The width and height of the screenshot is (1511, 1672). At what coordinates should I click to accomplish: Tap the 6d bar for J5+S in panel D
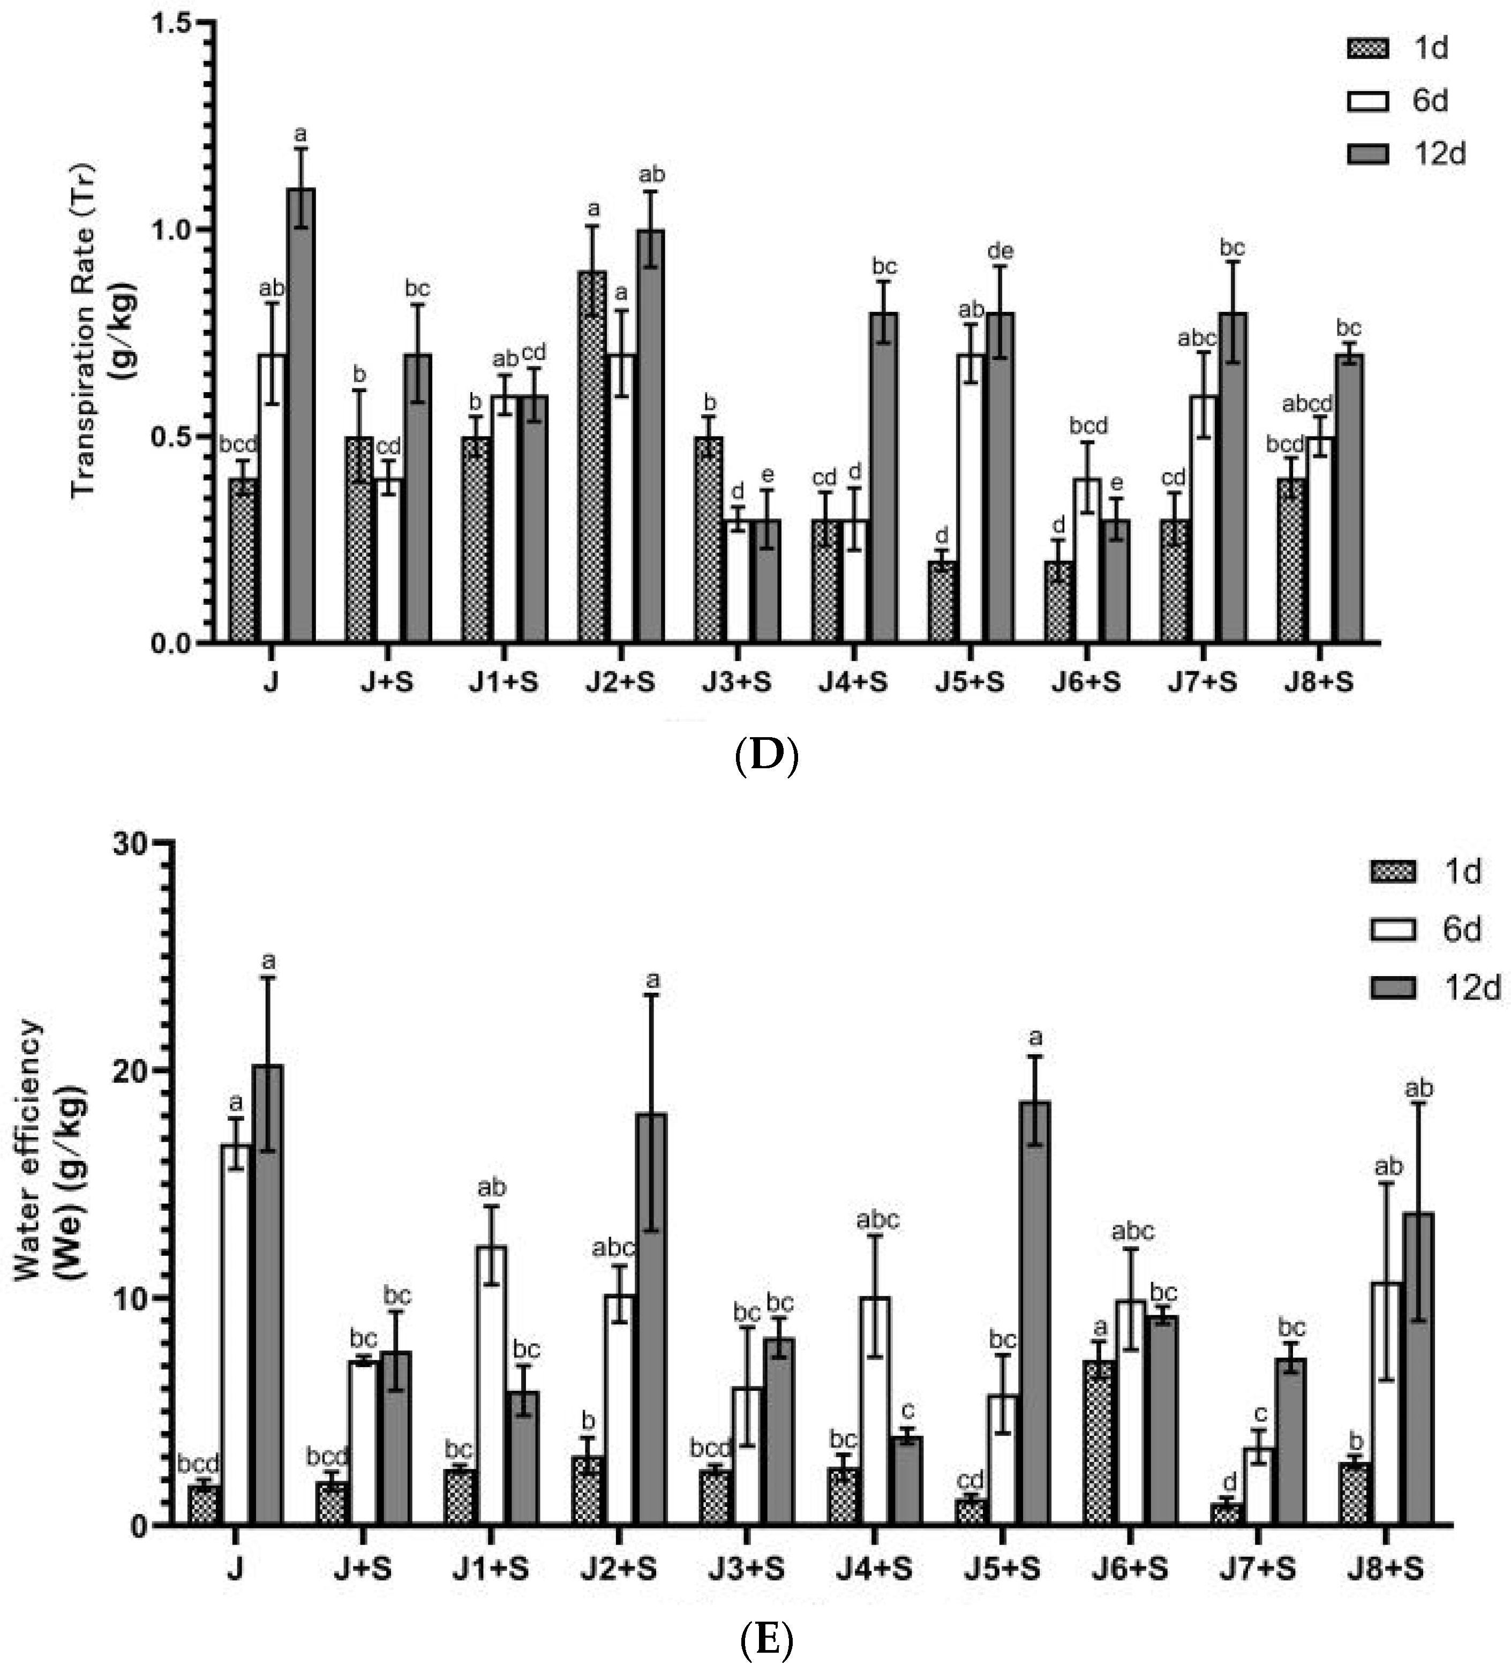pos(971,498)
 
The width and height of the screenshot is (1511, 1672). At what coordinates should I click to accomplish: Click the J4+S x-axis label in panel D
pos(853,683)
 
